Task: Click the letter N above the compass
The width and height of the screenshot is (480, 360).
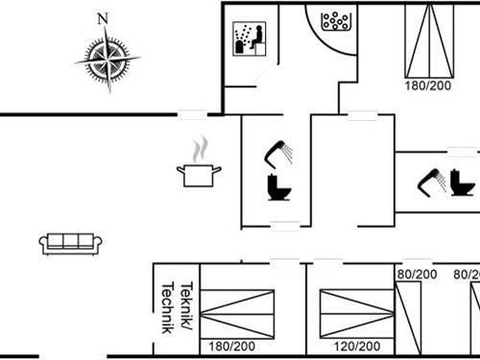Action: point(103,17)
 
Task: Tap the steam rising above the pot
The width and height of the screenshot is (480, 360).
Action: point(199,150)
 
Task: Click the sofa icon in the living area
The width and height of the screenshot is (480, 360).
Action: point(71,243)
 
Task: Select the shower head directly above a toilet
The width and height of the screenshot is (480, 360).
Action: point(279,151)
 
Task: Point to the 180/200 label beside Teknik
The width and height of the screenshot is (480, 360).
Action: point(230,346)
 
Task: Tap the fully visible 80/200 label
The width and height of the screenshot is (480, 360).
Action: point(418,274)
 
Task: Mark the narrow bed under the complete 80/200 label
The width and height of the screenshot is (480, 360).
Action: point(411,318)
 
